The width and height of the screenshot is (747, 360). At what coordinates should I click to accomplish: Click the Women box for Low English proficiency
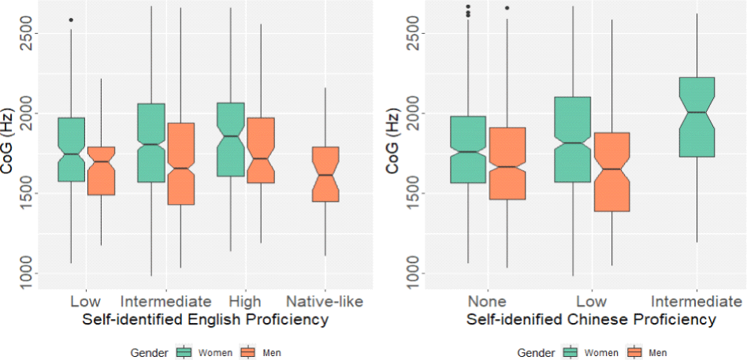(x=72, y=150)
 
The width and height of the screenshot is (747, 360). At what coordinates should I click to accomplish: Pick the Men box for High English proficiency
(x=260, y=150)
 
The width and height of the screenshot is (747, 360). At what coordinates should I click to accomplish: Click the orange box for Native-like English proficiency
(x=325, y=174)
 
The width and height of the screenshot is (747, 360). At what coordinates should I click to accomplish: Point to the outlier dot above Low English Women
(x=72, y=20)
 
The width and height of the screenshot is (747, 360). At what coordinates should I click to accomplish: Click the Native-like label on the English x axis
(x=325, y=301)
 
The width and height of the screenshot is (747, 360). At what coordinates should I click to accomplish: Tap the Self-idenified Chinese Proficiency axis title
(x=591, y=320)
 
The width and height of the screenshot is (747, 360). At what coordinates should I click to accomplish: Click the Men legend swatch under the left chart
(x=247, y=352)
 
